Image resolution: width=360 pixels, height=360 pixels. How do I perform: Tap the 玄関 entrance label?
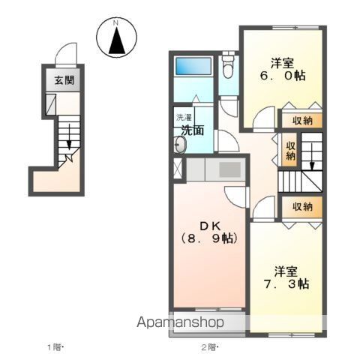(64, 80)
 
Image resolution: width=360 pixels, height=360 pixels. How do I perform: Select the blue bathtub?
(193, 66)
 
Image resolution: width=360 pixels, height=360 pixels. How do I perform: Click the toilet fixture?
(228, 66)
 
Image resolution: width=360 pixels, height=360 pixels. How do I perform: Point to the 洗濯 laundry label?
(184, 117)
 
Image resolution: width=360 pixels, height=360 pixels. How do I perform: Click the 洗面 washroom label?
(193, 130)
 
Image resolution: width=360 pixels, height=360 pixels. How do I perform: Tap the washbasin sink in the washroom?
(180, 145)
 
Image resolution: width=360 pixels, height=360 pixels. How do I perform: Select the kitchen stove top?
(230, 169)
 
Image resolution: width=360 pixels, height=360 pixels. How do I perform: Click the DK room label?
(210, 226)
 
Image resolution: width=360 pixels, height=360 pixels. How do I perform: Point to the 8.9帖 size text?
(209, 238)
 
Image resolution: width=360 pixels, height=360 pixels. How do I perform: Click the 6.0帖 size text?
(283, 75)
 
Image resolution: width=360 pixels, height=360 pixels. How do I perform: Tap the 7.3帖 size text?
(286, 284)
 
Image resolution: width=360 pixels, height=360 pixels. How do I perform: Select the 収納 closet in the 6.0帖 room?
(302, 121)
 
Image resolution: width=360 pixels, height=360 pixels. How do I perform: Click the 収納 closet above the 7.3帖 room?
(302, 207)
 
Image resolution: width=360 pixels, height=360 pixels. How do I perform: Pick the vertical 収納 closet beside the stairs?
(290, 149)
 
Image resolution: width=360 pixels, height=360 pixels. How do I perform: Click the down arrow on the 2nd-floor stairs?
(312, 157)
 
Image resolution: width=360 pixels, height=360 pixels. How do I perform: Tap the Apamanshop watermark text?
(180, 322)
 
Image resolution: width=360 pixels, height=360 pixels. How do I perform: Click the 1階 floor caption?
(55, 347)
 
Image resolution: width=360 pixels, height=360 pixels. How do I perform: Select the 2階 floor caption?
(210, 347)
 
